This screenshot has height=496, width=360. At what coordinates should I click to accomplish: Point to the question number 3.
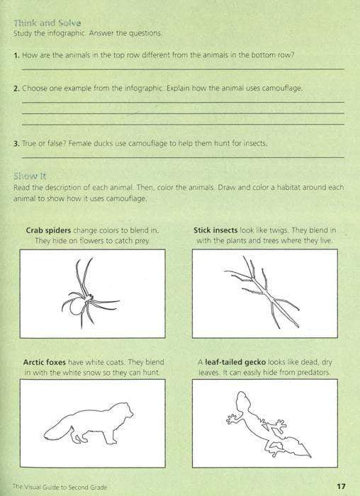16,143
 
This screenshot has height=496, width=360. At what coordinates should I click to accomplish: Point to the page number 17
341,486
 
